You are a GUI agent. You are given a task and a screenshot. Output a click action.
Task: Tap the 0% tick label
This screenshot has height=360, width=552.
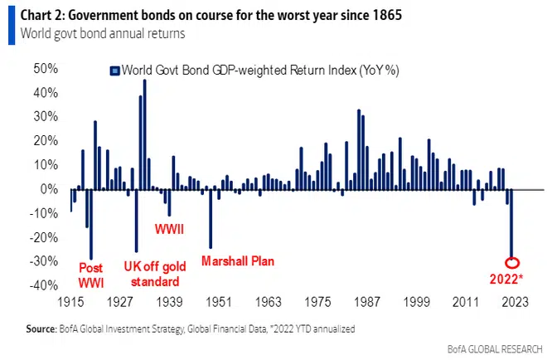(x=48, y=189)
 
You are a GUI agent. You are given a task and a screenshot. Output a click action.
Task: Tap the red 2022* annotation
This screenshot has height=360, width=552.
(x=505, y=279)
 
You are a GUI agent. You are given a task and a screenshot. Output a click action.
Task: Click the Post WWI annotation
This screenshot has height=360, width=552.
(x=91, y=275)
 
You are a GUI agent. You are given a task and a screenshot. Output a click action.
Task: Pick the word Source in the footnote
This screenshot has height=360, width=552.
(x=41, y=329)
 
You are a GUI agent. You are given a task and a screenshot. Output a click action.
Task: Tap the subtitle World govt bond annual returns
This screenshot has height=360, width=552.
(x=98, y=34)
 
